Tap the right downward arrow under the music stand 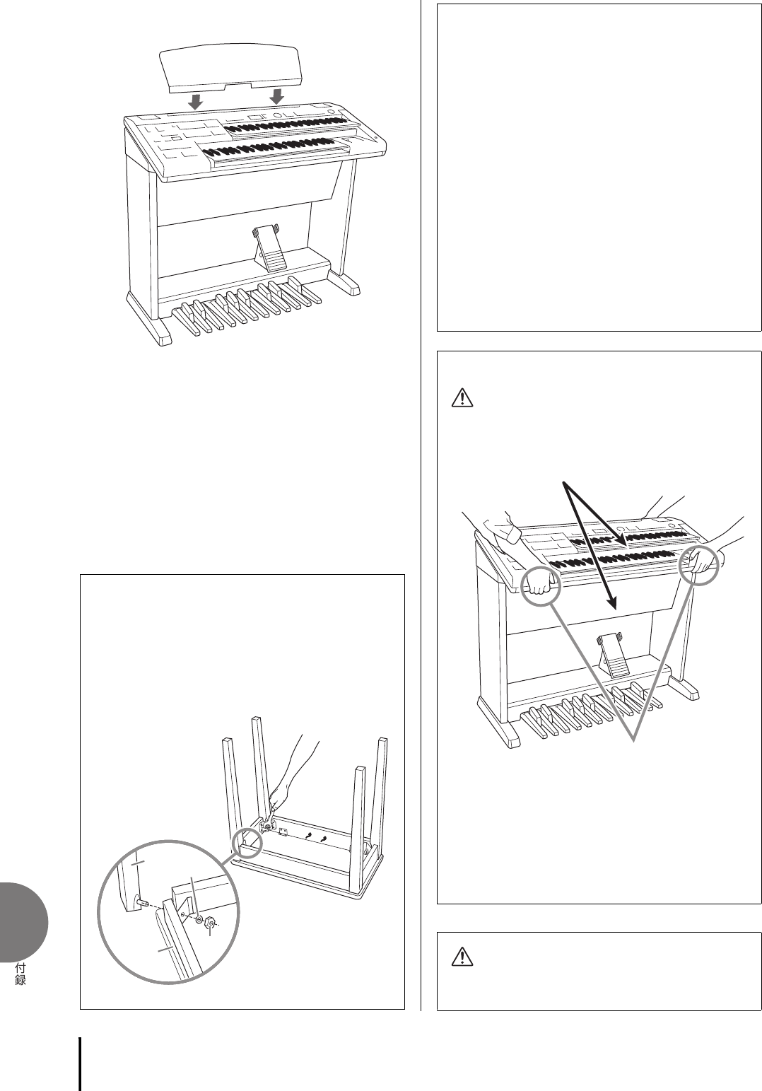(276, 95)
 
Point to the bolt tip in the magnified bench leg (139, 902)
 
